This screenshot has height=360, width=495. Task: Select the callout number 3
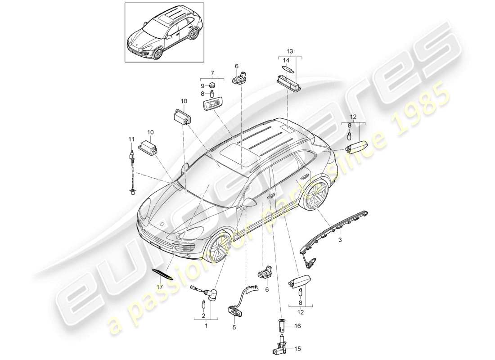340,240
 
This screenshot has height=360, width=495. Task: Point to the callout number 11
131,140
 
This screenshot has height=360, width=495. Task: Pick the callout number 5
234,328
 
